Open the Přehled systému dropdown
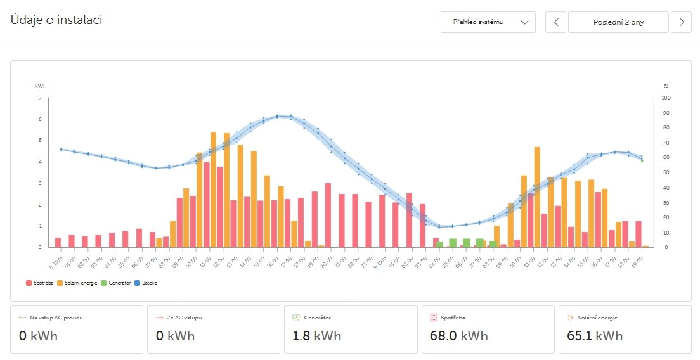[x=488, y=22]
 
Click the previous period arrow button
[x=555, y=22]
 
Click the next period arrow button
[x=682, y=22]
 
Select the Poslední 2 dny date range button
[x=618, y=22]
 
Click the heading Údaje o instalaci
[x=56, y=20]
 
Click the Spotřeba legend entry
[x=40, y=283]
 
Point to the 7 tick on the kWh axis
[x=41, y=98]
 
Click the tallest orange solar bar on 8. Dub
[x=214, y=190]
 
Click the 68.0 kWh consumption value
[x=454, y=335]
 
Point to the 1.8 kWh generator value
[x=316, y=335]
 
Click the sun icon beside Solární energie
[x=570, y=317]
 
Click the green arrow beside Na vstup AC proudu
[x=22, y=317]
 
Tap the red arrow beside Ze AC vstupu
[x=159, y=317]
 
